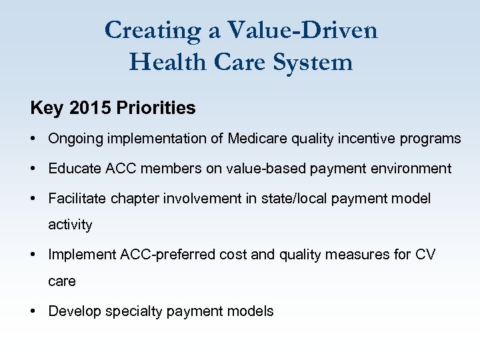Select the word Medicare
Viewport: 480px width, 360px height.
point(257,139)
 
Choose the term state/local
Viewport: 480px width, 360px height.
point(309,199)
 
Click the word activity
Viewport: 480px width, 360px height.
point(70,225)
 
